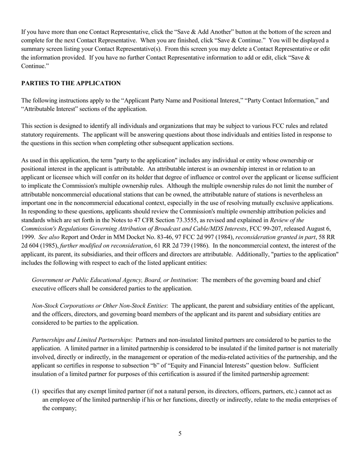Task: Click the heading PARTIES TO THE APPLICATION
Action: [x=71, y=83]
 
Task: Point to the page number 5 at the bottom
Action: [x=180, y=433]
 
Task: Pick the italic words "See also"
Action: [x=49, y=237]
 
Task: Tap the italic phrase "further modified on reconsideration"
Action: [x=105, y=246]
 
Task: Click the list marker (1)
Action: [x=36, y=391]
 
